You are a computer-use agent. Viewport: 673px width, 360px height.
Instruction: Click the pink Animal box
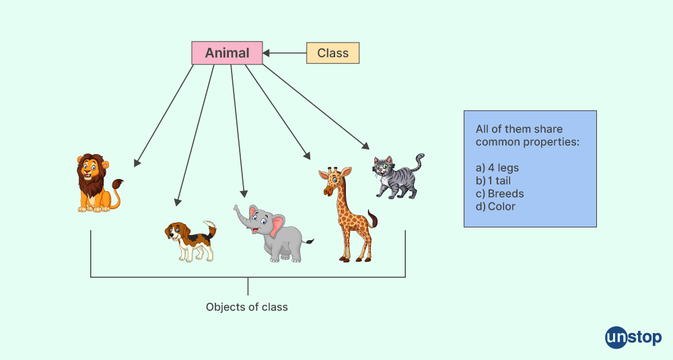pyautogui.click(x=227, y=53)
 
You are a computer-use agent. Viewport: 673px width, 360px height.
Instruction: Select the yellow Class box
pyautogui.click(x=332, y=53)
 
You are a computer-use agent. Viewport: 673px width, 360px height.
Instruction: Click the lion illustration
pyautogui.click(x=94, y=182)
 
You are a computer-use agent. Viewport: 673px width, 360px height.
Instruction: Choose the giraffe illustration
pyautogui.click(x=347, y=213)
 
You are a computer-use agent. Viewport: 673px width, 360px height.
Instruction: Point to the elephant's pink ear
pyautogui.click(x=276, y=225)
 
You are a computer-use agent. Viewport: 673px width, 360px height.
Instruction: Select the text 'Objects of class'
pyautogui.click(x=247, y=307)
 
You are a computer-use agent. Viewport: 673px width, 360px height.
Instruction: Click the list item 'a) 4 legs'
pyautogui.click(x=497, y=168)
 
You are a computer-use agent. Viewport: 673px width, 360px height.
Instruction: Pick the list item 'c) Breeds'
pyautogui.click(x=499, y=193)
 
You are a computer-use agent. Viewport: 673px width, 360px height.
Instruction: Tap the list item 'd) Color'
pyautogui.click(x=495, y=206)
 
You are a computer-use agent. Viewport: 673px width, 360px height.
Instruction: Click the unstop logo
pyautogui.click(x=633, y=337)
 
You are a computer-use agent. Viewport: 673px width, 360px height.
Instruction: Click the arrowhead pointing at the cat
pyautogui.click(x=366, y=146)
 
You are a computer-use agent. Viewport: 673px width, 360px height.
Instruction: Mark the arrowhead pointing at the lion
pyautogui.click(x=137, y=163)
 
